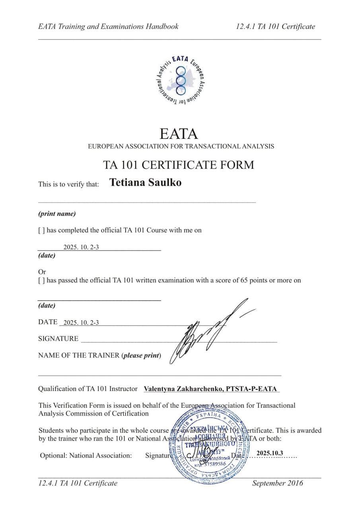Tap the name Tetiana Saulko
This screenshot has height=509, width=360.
pyautogui.click(x=145, y=183)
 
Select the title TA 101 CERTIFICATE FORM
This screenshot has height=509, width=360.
pyautogui.click(x=178, y=165)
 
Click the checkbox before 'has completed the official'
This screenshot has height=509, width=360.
pyautogui.click(x=41, y=230)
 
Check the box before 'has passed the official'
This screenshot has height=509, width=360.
pyautogui.click(x=41, y=280)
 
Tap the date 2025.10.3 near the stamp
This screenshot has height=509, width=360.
pyautogui.click(x=270, y=453)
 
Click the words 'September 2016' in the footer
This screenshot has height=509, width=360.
pyautogui.click(x=277, y=483)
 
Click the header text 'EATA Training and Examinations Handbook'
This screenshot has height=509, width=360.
pyautogui.click(x=108, y=27)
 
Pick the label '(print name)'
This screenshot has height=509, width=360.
pyautogui.click(x=57, y=214)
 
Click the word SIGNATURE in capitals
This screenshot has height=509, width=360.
pyautogui.click(x=58, y=339)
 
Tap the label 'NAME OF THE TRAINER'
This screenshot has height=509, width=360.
pyautogui.click(x=79, y=355)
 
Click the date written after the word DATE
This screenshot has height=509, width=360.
pyautogui.click(x=81, y=323)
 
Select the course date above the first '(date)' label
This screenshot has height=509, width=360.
pyautogui.click(x=81, y=247)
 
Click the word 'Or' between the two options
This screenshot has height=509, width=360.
pyautogui.click(x=42, y=272)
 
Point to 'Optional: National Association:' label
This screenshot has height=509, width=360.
pyautogui.click(x=86, y=456)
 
